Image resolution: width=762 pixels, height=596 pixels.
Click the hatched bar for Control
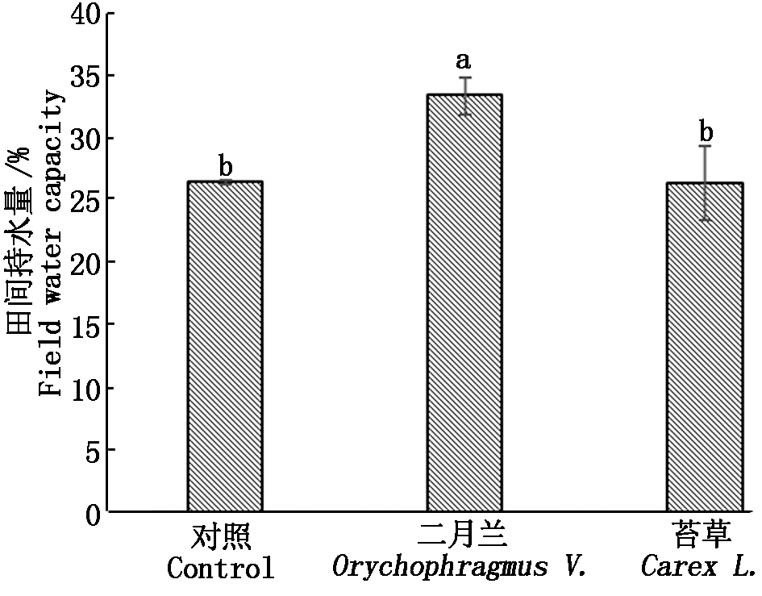225,347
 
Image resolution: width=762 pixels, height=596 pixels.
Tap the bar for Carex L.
704,347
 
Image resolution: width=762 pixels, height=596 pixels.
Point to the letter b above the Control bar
226,166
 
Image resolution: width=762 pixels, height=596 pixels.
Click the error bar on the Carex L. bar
705,182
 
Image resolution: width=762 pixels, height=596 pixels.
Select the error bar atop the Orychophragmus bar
464,95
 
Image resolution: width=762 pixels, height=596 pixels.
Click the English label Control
220,568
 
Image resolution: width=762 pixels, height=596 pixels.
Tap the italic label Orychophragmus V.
459,568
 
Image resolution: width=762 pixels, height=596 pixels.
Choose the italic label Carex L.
698,568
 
